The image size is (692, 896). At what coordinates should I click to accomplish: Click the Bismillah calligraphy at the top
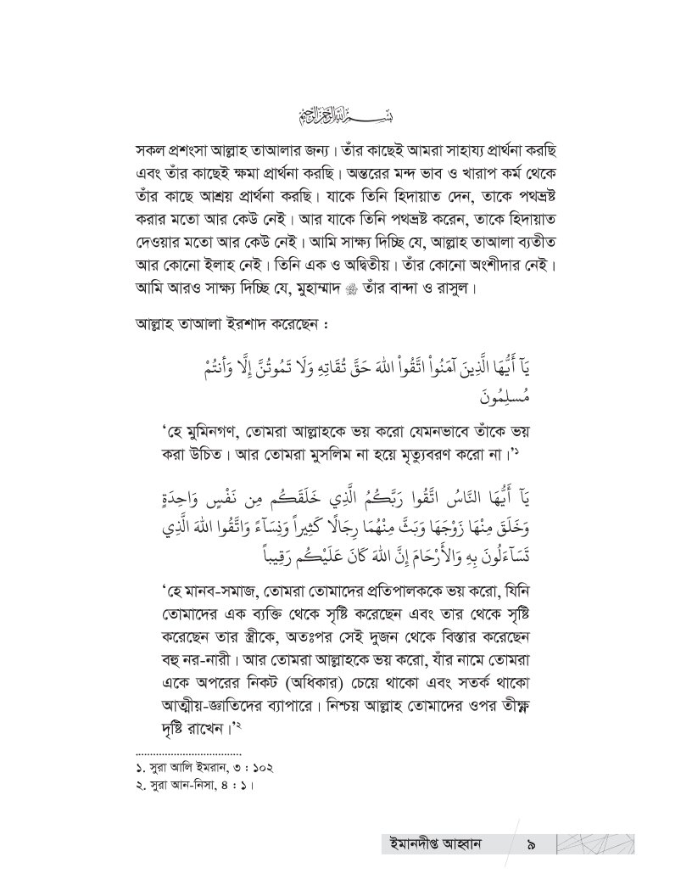[346, 115]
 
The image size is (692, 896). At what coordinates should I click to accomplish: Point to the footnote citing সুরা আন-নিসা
[195, 784]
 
